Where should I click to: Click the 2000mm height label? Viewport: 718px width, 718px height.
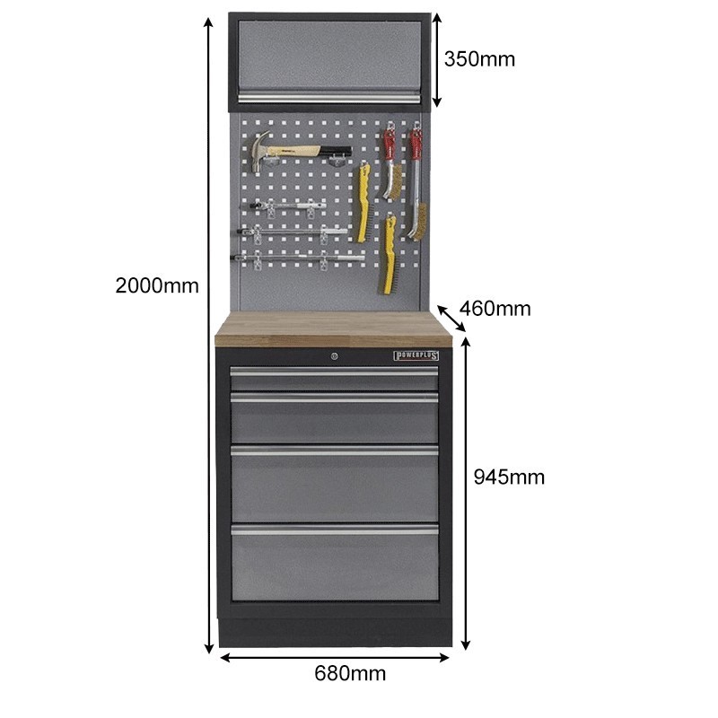coord(157,285)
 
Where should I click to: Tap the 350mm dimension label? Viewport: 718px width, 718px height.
coord(479,59)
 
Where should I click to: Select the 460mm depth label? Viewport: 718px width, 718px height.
coord(495,309)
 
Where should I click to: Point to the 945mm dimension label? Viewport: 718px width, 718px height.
coord(509,477)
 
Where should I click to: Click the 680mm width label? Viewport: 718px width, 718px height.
coord(350,673)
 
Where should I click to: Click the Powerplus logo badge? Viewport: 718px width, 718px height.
coord(416,355)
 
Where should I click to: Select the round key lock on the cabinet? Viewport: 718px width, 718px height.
coord(334,355)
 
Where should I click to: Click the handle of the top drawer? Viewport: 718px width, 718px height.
coord(334,372)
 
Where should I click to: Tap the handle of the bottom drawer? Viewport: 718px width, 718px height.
coord(335,530)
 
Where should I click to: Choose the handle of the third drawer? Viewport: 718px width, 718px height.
coord(334,451)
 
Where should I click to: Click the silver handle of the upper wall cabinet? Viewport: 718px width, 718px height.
coord(328,97)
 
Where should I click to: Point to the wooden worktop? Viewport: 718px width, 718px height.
coord(334,328)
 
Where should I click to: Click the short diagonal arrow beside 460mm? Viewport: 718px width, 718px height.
coord(451,319)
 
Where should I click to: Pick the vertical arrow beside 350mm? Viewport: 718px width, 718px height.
coord(437,59)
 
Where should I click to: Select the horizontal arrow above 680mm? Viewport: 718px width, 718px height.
coord(335,658)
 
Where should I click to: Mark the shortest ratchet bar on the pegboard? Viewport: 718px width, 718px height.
coord(288,206)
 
